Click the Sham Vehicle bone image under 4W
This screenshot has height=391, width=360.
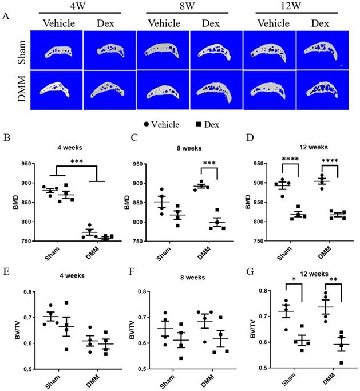point(56,50)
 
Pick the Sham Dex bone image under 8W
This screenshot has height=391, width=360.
point(216,50)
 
